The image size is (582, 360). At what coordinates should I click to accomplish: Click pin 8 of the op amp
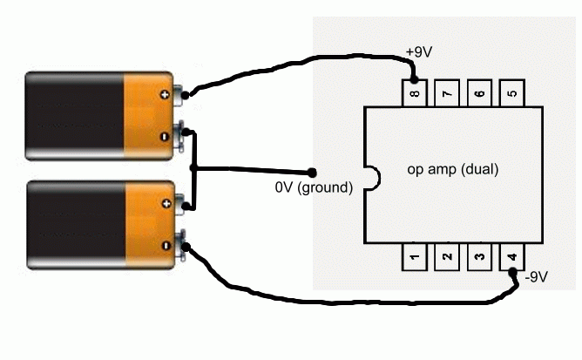click(413, 92)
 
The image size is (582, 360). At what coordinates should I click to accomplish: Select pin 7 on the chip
click(445, 92)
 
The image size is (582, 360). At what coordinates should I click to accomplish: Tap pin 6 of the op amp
click(477, 92)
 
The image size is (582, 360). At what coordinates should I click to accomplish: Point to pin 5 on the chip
click(511, 92)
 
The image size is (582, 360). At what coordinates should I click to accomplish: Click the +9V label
click(419, 53)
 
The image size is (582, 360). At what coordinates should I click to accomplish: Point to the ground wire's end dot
click(312, 171)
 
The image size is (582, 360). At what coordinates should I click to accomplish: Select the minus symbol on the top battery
click(163, 137)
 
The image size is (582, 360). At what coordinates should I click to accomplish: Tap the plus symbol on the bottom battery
click(163, 201)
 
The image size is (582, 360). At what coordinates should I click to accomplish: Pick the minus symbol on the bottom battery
click(163, 246)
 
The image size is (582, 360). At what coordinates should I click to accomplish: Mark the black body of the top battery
click(74, 116)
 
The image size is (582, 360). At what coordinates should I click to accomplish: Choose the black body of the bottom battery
click(74, 224)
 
